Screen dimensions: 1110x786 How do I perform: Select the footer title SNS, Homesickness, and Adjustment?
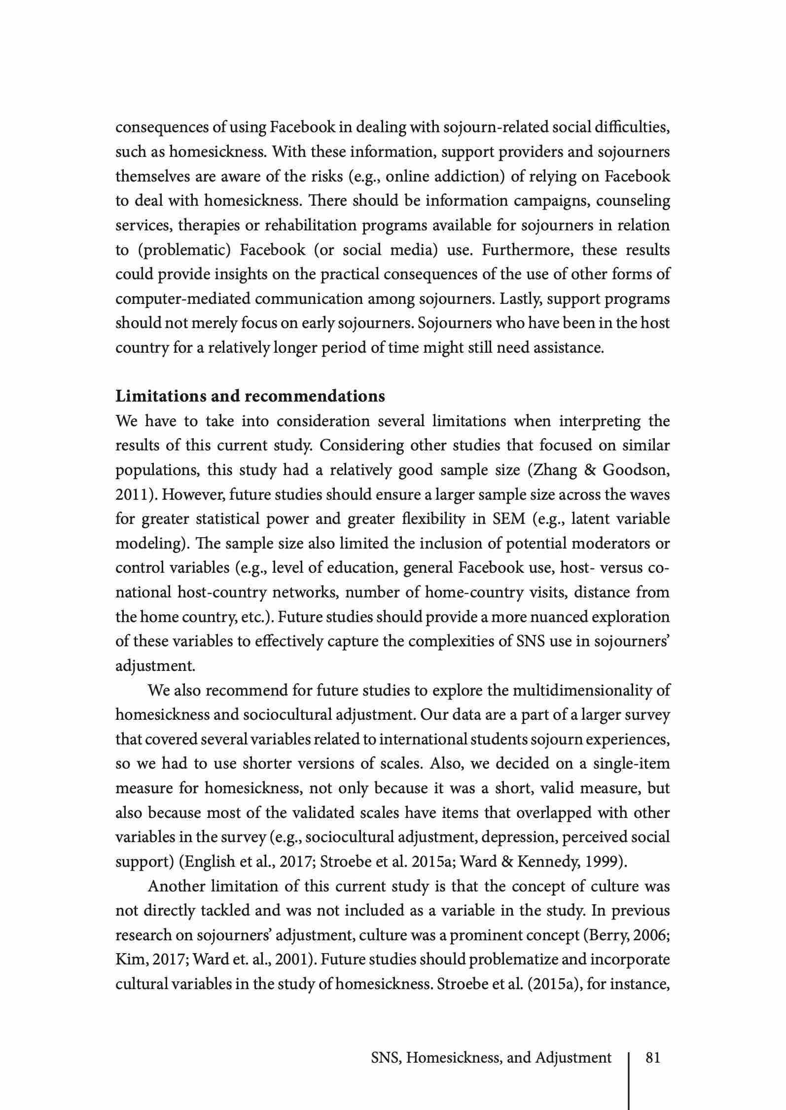[491, 1058]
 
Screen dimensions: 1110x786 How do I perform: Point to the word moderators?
[620, 543]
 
